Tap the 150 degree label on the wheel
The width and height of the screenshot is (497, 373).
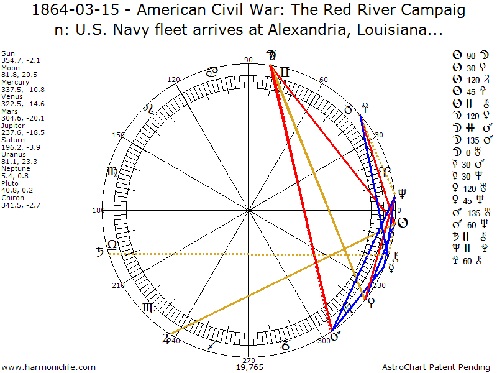coord(119,135)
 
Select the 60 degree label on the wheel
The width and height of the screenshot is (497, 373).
coord(323,80)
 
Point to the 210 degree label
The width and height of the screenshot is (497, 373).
coord(118,285)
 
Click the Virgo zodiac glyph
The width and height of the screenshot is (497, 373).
coord(112,172)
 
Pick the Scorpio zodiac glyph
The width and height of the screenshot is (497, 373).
coord(149,307)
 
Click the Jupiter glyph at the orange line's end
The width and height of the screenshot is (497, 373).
coord(165,339)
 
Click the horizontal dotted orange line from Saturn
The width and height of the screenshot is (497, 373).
coord(248,254)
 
